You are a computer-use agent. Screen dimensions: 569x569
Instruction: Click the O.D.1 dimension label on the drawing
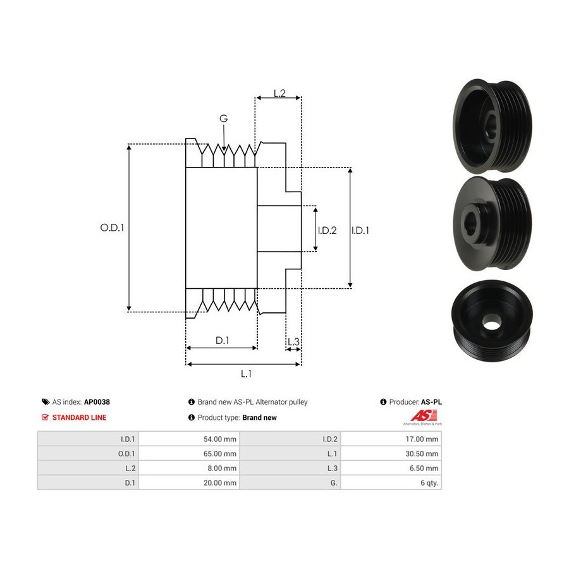112,228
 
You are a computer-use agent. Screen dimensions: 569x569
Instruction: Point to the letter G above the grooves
224,118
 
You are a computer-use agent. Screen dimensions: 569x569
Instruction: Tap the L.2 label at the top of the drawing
279,94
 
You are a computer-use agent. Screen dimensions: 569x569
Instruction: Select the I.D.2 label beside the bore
327,230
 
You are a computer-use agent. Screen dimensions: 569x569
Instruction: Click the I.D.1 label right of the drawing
360,230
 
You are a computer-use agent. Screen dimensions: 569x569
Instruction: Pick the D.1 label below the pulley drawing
223,340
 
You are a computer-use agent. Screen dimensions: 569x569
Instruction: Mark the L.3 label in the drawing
293,342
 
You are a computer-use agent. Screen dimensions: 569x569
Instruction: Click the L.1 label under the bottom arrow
246,374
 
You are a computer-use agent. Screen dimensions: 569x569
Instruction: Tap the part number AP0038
97,402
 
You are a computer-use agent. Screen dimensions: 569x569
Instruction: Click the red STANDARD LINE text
79,417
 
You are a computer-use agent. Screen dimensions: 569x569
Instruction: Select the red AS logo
424,416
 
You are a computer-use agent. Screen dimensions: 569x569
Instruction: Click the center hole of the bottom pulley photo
492,322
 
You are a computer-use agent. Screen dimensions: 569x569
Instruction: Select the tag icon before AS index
46,402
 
